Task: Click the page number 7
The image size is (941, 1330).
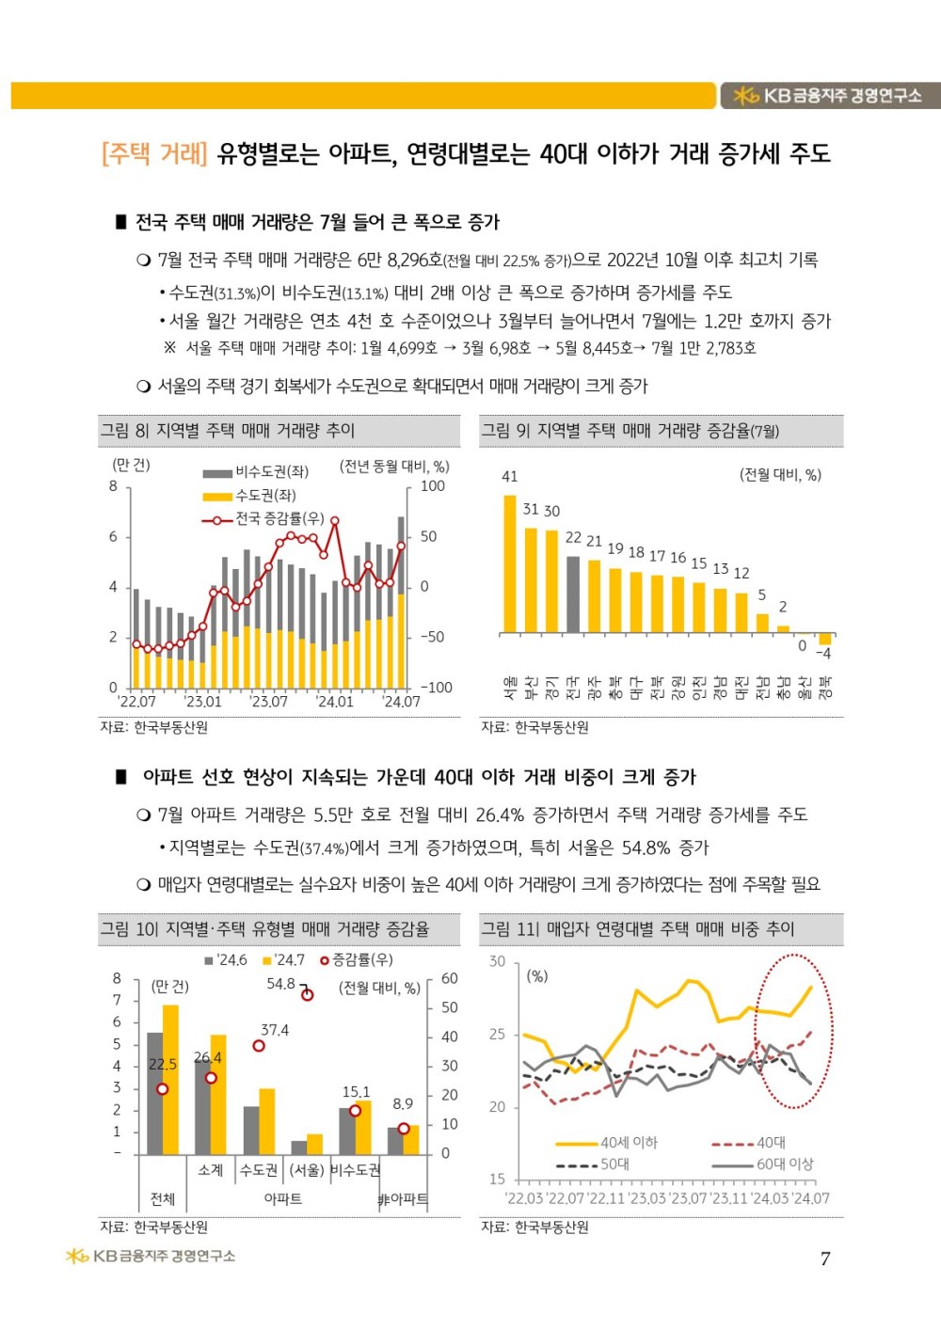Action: tap(825, 1259)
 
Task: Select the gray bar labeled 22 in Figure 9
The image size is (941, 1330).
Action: tap(573, 594)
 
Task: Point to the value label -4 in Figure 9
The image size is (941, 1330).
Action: tap(823, 653)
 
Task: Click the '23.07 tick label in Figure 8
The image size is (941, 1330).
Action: tap(268, 702)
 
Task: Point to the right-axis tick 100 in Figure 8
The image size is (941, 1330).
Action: tap(433, 486)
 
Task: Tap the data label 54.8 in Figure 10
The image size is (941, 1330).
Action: tap(280, 984)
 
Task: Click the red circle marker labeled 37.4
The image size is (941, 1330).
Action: tap(259, 1046)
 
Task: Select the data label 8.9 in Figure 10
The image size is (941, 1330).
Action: tap(403, 1104)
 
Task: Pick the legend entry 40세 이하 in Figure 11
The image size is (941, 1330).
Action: tap(629, 1143)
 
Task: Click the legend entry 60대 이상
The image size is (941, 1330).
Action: tap(785, 1164)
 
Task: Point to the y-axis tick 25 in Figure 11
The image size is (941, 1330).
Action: tap(497, 1035)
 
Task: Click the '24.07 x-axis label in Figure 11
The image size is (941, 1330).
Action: tap(811, 1198)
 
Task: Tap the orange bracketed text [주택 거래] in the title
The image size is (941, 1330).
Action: tap(154, 153)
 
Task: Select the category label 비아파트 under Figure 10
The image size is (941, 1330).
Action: tap(403, 1199)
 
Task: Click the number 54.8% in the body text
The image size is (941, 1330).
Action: tap(646, 847)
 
